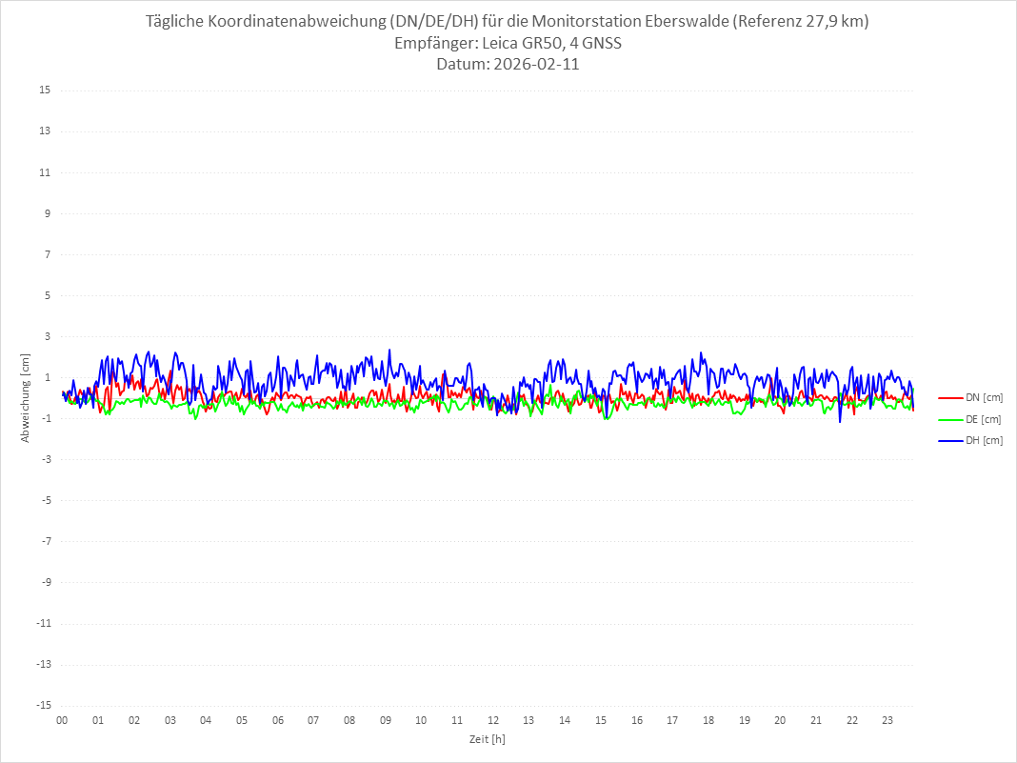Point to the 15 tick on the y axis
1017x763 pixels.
coord(45,90)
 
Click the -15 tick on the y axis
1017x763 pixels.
coord(43,705)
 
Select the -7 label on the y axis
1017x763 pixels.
coord(45,541)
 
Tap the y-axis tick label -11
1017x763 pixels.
coord(43,623)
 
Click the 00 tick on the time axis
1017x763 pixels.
coord(62,720)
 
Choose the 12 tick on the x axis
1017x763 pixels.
coord(493,720)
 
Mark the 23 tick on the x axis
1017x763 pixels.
coord(887,720)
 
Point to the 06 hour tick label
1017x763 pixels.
coord(277,720)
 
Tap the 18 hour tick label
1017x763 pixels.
coord(708,720)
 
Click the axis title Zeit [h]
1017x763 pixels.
coord(488,739)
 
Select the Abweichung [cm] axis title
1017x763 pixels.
coord(26,397)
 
